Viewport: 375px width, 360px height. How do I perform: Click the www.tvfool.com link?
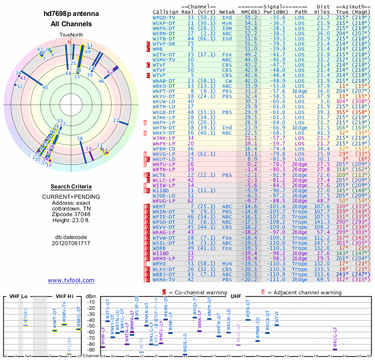pyautogui.click(x=71, y=280)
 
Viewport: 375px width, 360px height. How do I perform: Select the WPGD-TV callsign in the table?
pyautogui.click(x=165, y=17)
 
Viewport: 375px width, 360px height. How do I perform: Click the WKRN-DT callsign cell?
pyautogui.click(x=165, y=33)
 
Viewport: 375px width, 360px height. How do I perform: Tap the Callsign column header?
pyautogui.click(x=166, y=12)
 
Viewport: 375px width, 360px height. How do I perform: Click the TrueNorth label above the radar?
pyautogui.click(x=71, y=36)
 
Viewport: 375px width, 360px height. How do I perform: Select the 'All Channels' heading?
pyautogui.click(x=71, y=24)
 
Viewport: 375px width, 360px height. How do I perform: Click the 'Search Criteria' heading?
pyautogui.click(x=71, y=187)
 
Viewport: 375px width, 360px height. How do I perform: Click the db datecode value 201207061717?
pyautogui.click(x=71, y=243)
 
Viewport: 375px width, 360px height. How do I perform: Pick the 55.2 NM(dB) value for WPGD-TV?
pyautogui.click(x=251, y=17)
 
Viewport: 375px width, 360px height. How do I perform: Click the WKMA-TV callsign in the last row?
pyautogui.click(x=165, y=280)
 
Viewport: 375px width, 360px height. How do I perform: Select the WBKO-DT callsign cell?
pyautogui.click(x=165, y=86)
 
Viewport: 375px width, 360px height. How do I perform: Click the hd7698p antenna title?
pyautogui.click(x=71, y=15)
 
